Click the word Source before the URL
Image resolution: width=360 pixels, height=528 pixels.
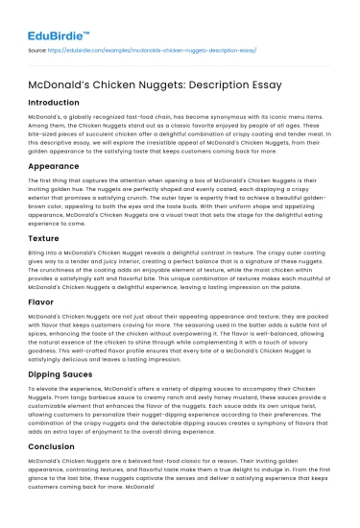tap(38, 47)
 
